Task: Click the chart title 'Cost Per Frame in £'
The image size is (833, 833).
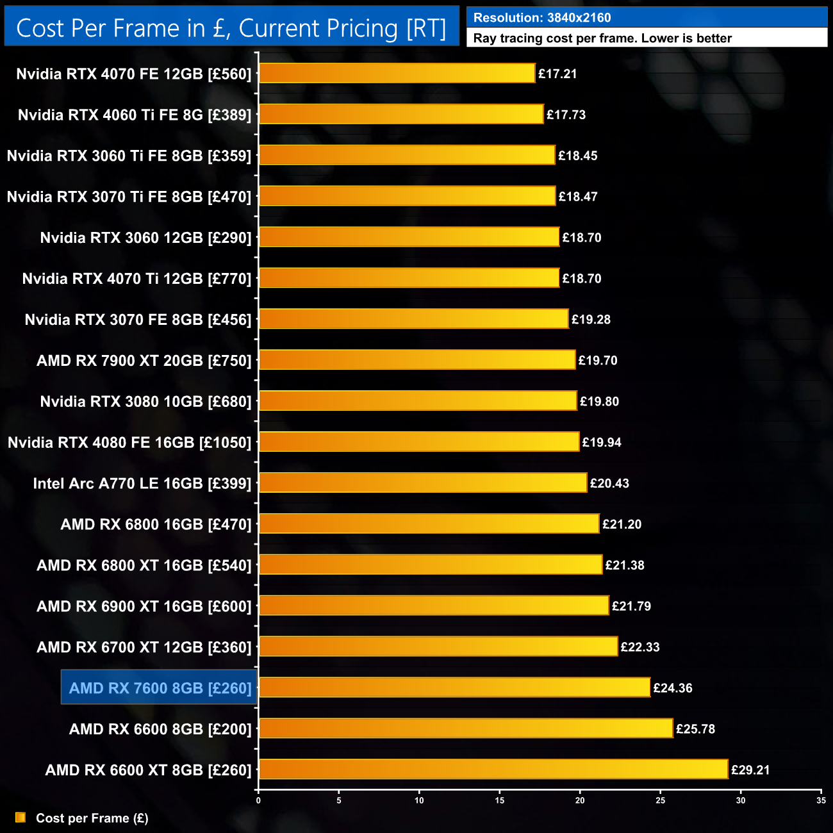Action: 231,28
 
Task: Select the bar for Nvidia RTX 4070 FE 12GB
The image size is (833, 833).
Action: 397,73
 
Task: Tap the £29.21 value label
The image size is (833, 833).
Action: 750,770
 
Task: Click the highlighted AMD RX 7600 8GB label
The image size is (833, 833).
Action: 160,688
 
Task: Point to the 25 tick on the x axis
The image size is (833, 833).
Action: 661,800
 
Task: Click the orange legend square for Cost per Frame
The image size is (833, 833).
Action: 21,818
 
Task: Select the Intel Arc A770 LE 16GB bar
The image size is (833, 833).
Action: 423,482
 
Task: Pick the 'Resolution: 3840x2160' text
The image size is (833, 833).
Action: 542,18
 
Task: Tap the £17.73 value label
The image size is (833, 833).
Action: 566,115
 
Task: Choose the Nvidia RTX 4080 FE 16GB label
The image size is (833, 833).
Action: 129,442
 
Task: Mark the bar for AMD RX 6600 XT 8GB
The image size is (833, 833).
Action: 493,769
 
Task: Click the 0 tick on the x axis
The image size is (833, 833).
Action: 258,800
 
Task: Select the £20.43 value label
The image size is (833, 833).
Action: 609,483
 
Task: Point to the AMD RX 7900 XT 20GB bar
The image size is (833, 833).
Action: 417,359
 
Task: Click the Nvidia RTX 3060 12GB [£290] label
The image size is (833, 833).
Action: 145,238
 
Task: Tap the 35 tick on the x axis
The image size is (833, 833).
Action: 821,800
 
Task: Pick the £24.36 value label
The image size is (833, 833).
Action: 673,688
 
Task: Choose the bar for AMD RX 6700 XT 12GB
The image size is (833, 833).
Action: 438,646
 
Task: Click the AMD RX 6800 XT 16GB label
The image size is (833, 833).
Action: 144,565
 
